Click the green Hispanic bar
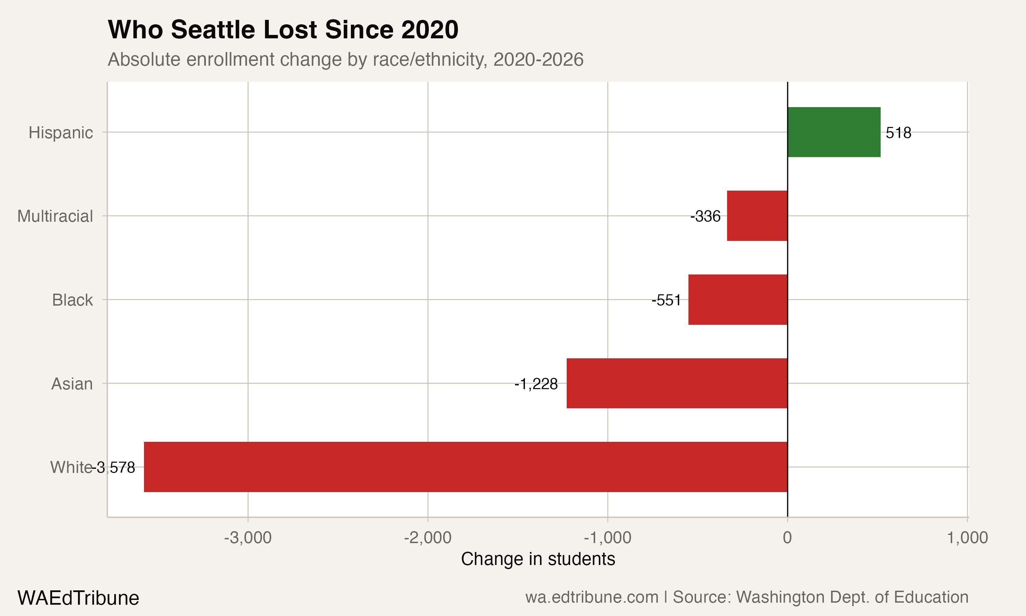833,132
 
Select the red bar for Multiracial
757,216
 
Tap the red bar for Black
738,299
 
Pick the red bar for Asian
677,383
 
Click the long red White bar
465,467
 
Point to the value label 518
898,133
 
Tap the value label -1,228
536,384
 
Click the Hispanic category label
61,133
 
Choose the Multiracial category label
55,216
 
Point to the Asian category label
72,384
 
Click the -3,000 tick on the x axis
248,538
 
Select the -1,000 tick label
607,538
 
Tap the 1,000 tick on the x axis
967,538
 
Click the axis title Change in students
538,559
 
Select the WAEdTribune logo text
78,598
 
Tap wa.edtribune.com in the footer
592,597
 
